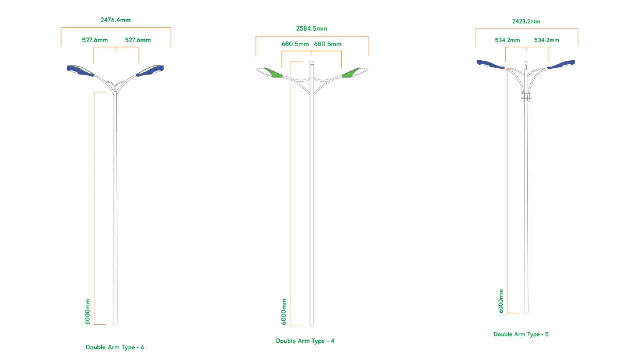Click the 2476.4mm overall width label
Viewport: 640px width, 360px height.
click(x=115, y=20)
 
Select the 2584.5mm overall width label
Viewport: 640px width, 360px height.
click(x=311, y=29)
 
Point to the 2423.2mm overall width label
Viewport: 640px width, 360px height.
click(x=526, y=21)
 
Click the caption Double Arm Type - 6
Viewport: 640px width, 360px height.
click(x=115, y=347)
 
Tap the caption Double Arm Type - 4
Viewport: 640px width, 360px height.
click(x=305, y=341)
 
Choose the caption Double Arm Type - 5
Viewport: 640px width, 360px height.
click(x=521, y=334)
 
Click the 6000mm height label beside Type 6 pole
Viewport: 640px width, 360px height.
click(x=88, y=312)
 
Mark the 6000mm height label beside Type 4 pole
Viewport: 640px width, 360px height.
click(x=284, y=312)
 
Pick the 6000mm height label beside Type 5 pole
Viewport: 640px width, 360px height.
click(x=501, y=301)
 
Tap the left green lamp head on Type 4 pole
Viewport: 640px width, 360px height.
click(x=270, y=73)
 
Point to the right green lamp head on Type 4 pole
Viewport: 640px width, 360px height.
click(x=354, y=73)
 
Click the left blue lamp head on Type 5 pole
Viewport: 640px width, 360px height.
click(x=490, y=64)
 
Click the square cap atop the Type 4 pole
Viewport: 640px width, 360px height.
click(x=312, y=63)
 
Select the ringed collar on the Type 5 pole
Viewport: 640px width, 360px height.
click(x=526, y=96)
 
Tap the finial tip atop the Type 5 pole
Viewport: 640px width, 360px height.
click(x=526, y=63)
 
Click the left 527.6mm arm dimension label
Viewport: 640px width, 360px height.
click(x=95, y=40)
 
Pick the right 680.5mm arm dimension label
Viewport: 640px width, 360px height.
click(x=328, y=44)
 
